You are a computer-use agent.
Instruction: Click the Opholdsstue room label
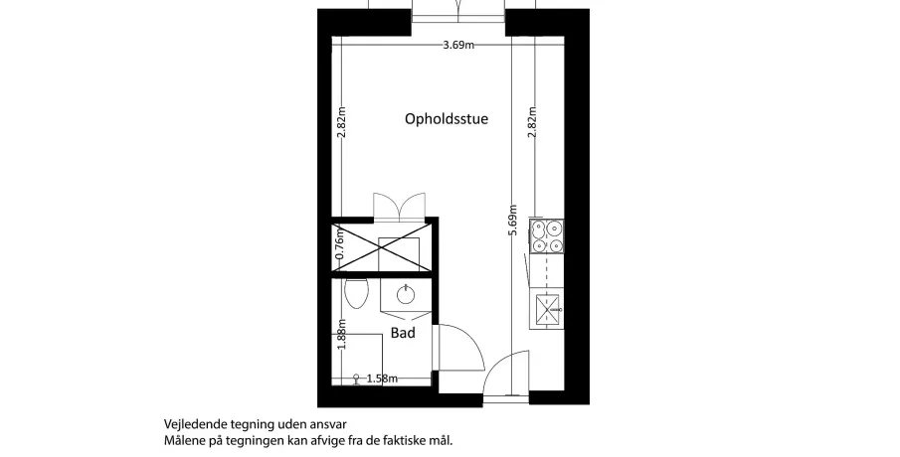point(447,119)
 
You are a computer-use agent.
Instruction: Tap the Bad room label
point(403,333)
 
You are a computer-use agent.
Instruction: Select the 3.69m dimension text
point(458,46)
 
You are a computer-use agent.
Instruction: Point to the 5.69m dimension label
point(513,221)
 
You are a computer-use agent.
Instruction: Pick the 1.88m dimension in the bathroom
point(341,334)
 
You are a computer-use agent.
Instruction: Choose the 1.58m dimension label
point(382,378)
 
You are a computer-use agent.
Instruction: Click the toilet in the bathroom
point(356,294)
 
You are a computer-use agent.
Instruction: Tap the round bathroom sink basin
point(406,295)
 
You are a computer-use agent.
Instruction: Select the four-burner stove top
point(546,236)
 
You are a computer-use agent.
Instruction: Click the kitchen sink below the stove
point(546,310)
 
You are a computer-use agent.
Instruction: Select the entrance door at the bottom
point(506,374)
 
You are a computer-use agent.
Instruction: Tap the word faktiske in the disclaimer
point(395,441)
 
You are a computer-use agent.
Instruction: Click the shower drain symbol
point(356,380)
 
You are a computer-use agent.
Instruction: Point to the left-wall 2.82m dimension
point(341,123)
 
